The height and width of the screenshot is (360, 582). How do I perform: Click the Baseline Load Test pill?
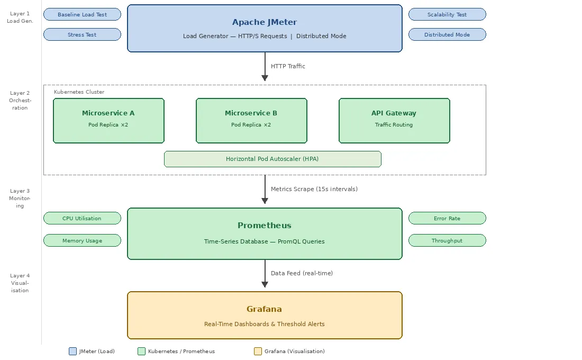click(x=82, y=14)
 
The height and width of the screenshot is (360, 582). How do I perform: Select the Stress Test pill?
click(x=82, y=34)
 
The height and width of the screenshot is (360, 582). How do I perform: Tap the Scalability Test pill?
click(x=447, y=14)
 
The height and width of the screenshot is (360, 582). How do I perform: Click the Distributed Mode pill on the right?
click(x=447, y=34)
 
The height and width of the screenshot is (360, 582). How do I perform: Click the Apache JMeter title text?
click(x=265, y=22)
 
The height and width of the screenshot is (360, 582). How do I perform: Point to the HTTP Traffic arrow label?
click(x=288, y=66)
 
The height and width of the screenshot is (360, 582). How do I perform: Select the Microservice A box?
click(x=109, y=121)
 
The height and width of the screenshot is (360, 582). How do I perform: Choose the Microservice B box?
click(x=252, y=121)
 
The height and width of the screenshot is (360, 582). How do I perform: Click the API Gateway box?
click(x=394, y=121)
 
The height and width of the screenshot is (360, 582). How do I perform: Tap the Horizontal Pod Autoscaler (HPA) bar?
click(x=272, y=159)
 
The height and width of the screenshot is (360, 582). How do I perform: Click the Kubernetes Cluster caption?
click(x=79, y=92)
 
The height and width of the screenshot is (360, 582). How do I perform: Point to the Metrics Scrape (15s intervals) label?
click(x=314, y=189)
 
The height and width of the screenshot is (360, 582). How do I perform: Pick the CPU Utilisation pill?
click(x=82, y=219)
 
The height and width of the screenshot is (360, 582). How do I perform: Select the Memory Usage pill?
click(x=82, y=240)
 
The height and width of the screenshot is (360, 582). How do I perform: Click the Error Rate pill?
click(x=447, y=219)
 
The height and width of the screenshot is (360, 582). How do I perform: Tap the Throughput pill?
click(x=447, y=240)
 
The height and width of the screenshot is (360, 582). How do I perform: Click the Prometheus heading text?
click(x=265, y=226)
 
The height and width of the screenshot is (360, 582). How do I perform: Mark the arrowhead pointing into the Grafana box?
click(x=265, y=285)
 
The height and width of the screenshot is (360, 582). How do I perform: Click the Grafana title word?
click(x=264, y=309)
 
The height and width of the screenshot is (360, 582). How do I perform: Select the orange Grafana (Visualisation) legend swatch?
click(x=258, y=352)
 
